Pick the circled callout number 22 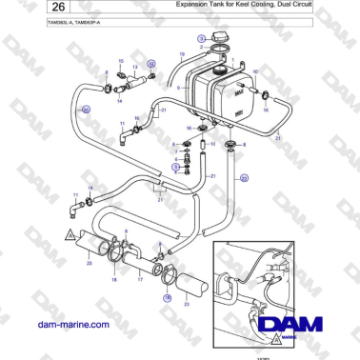pyautogui.click(x=243, y=177)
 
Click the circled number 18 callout pyautogui.click(x=168, y=297)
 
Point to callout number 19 pyautogui.click(x=182, y=58)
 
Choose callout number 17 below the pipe pyautogui.click(x=142, y=283)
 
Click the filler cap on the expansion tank pyautogui.click(x=223, y=43)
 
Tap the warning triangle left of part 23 pyautogui.click(x=69, y=233)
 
